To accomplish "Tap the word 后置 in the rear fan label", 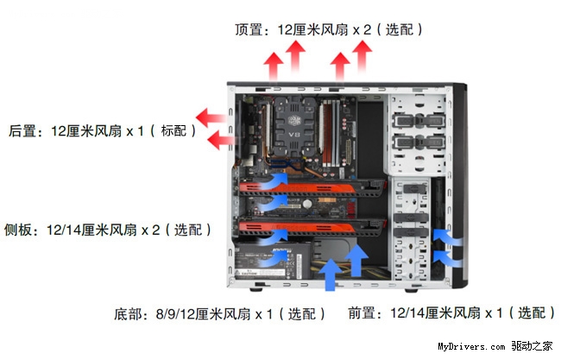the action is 22,131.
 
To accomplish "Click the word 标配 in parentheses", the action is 173,131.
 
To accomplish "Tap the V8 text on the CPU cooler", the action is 293,135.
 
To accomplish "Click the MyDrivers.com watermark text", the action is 471,346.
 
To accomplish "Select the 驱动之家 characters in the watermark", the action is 532,346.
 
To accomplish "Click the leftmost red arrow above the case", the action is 274,66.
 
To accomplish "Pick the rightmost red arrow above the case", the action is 362,57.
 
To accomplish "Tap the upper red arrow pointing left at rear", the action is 211,117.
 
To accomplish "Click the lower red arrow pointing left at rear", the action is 220,140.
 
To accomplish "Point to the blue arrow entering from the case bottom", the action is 331,275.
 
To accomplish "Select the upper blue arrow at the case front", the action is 447,237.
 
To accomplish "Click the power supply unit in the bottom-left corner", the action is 272,261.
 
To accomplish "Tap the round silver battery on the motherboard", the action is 307,204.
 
